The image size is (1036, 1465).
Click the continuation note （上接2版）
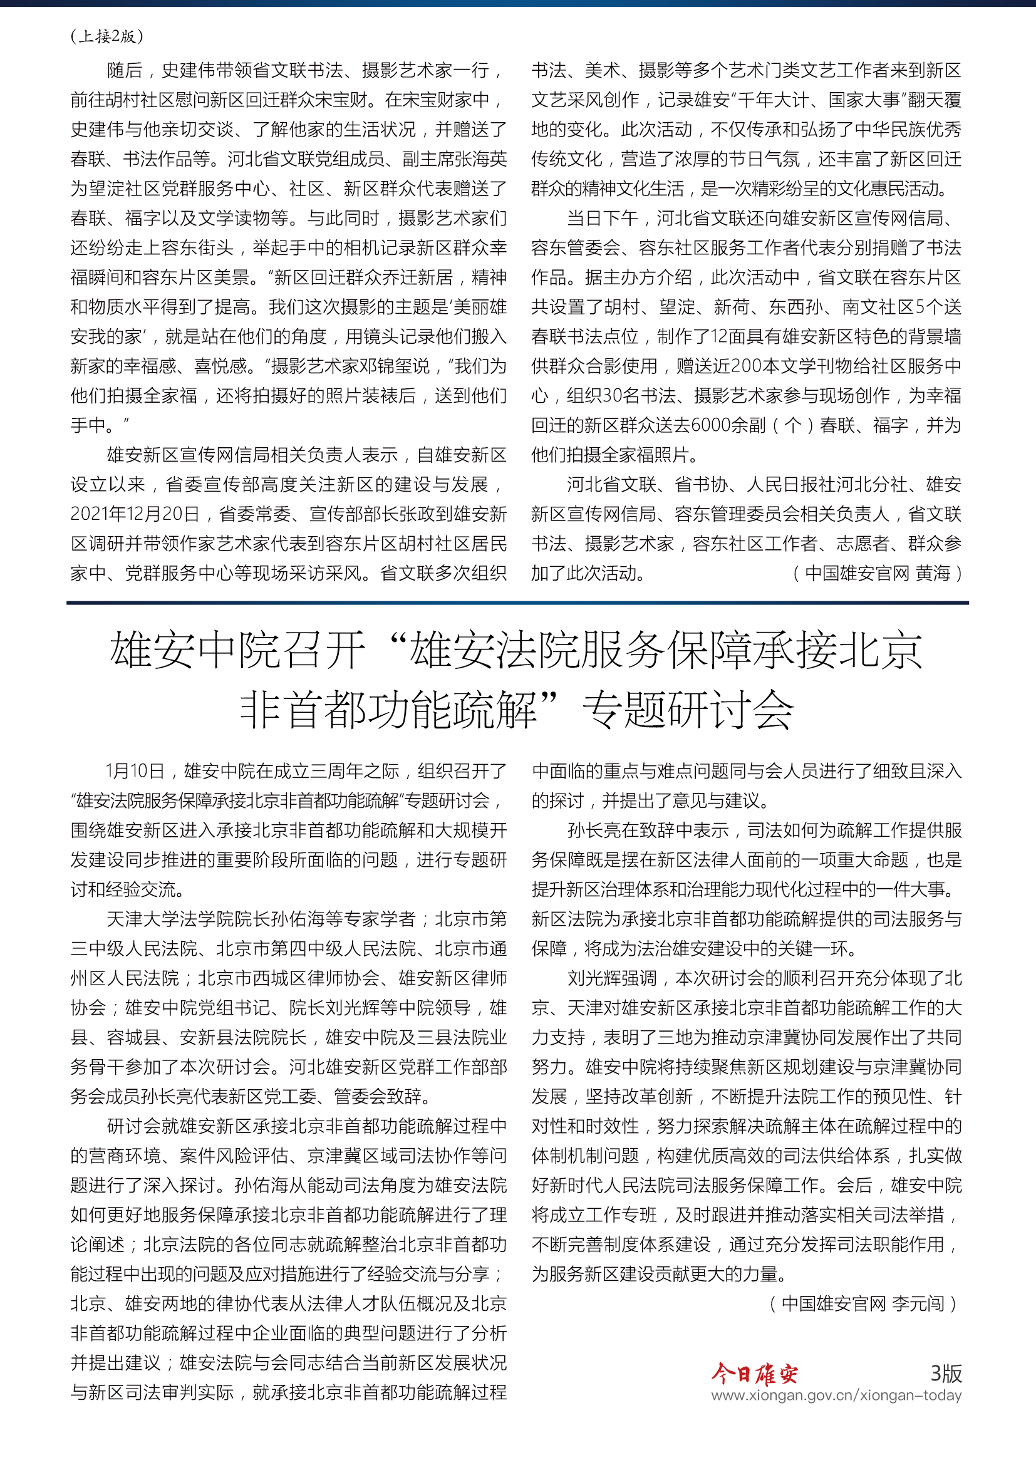point(107,36)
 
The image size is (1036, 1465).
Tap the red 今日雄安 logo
point(754,1373)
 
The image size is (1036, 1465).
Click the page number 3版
point(945,1372)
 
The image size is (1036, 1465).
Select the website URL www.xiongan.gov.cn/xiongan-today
point(836,1395)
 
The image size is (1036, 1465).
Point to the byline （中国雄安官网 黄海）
point(876,573)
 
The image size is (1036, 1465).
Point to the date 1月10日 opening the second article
point(135,771)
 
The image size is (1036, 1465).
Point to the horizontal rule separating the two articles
point(517,603)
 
